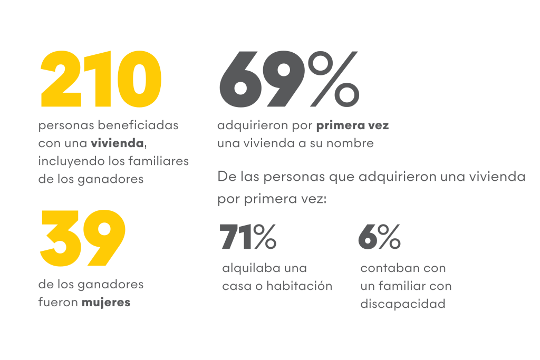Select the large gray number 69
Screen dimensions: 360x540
click(262, 78)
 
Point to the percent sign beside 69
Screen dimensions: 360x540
click(333, 78)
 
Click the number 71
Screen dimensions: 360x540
click(236, 237)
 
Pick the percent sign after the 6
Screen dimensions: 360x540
click(389, 237)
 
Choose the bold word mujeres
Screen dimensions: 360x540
click(105, 303)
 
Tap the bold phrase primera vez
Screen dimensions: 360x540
click(352, 126)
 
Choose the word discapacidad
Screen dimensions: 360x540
click(403, 304)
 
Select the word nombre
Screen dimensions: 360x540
click(352, 143)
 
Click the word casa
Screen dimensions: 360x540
click(237, 286)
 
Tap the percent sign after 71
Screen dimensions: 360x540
click(264, 237)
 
